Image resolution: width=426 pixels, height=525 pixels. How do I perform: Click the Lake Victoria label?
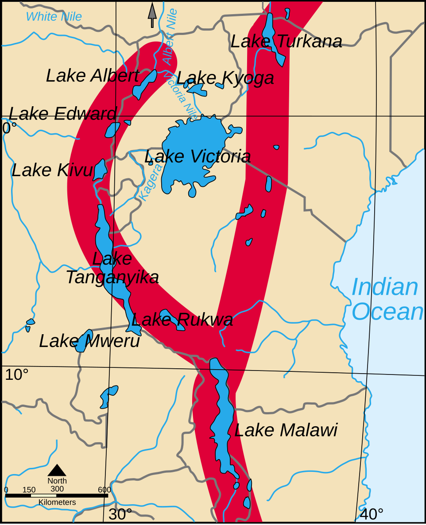pyautogui.click(x=198, y=157)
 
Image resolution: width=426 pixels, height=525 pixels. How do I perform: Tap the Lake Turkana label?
pyautogui.click(x=286, y=42)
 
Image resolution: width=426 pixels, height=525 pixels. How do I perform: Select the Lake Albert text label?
pyautogui.click(x=93, y=76)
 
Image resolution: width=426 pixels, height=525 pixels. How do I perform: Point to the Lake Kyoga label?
pyautogui.click(x=225, y=78)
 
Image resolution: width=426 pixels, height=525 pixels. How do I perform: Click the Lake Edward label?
pyautogui.click(x=62, y=114)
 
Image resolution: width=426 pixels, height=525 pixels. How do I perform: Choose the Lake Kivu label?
pyautogui.click(x=52, y=170)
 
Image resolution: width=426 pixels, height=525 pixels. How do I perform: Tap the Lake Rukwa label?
pyautogui.click(x=182, y=320)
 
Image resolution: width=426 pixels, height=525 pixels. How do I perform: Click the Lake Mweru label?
pyautogui.click(x=89, y=341)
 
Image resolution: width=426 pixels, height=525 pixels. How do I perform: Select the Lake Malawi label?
pyautogui.click(x=286, y=430)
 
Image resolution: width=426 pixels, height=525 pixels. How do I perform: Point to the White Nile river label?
pyautogui.click(x=54, y=17)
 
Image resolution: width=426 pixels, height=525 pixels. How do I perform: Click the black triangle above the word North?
pyautogui.click(x=57, y=470)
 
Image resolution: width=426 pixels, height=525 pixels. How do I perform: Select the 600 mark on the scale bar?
pyautogui.click(x=105, y=490)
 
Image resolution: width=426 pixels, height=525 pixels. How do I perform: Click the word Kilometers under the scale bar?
pyautogui.click(x=57, y=502)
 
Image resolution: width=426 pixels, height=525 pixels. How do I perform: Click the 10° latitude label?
pyautogui.click(x=17, y=375)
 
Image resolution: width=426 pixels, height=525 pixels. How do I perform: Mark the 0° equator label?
pyautogui.click(x=9, y=128)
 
